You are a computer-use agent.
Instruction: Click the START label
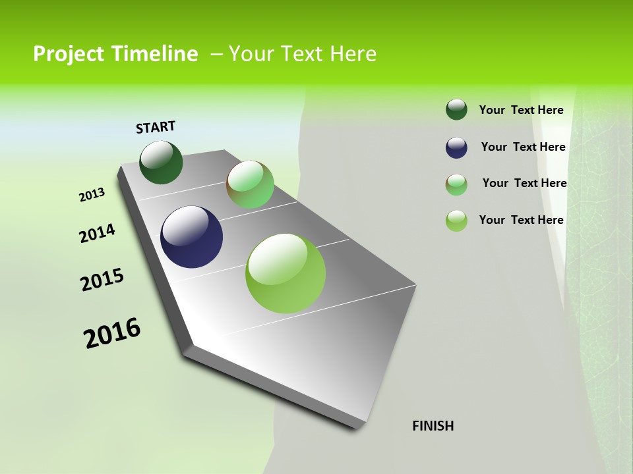(156, 127)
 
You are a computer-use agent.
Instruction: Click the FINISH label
(433, 426)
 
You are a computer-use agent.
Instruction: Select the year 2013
(92, 195)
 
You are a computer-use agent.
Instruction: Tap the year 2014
(97, 233)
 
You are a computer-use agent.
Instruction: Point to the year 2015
(102, 280)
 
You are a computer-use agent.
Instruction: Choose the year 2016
(112, 333)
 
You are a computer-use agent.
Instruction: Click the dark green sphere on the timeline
(161, 162)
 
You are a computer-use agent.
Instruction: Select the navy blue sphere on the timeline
(191, 237)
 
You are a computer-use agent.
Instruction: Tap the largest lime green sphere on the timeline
(286, 273)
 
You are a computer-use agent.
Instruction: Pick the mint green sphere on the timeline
(250, 184)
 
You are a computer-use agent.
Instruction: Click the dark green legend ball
(456, 109)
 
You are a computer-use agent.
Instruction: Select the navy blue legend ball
(456, 147)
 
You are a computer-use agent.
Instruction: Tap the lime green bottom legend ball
(456, 221)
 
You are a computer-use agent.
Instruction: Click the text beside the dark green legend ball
(521, 110)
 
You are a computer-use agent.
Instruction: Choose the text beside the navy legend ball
(523, 147)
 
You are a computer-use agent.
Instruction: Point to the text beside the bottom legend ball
(521, 220)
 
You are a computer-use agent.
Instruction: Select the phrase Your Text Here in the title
(303, 54)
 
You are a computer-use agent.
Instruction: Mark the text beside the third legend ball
(524, 183)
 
